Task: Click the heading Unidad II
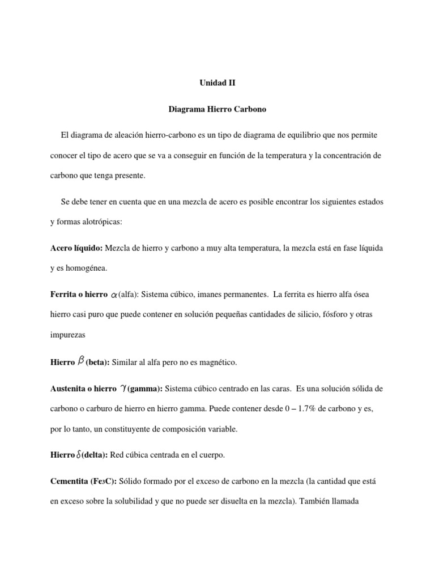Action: click(x=217, y=83)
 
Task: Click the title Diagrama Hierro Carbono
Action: click(x=217, y=110)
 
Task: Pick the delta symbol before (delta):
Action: click(x=79, y=455)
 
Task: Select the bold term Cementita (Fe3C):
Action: click(x=83, y=481)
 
